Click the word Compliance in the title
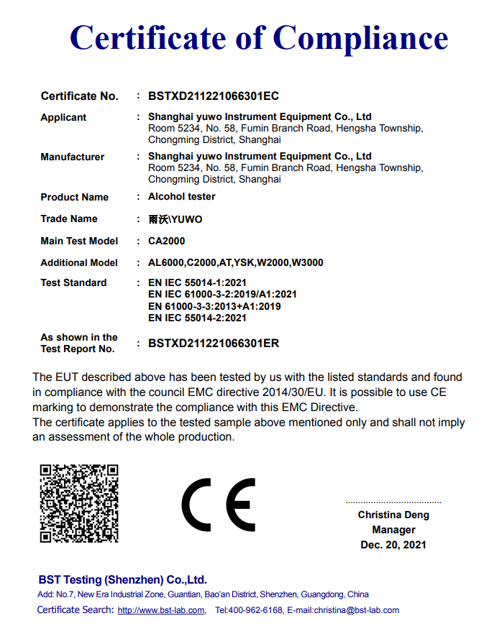(361, 37)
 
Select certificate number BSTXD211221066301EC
(214, 96)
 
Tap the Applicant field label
(63, 117)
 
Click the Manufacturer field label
(73, 157)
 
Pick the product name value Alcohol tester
(181, 196)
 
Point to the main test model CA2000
(166, 241)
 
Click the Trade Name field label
(69, 218)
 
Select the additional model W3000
(307, 262)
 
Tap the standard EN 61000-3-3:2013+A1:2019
(214, 306)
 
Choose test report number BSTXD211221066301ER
(214, 344)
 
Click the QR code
(78, 503)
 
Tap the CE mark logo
(218, 504)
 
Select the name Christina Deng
(393, 515)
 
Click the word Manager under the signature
(393, 530)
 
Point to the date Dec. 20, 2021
(393, 545)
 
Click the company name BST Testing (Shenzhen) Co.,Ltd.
(122, 579)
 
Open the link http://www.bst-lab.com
(161, 610)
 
